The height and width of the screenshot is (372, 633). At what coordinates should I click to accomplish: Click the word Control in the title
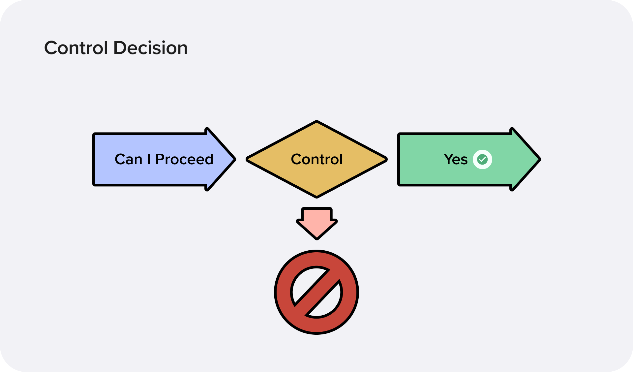(x=76, y=48)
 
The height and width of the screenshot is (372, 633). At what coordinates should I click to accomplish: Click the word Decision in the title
(x=150, y=48)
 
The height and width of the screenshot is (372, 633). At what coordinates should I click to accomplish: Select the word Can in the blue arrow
(x=128, y=159)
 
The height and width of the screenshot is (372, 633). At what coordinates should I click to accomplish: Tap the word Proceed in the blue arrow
(x=184, y=159)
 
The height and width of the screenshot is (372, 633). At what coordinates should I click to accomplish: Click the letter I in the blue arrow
(x=149, y=159)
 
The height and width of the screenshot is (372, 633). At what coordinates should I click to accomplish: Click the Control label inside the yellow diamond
(x=316, y=159)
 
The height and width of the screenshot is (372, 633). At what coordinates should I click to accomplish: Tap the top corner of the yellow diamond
(x=316, y=122)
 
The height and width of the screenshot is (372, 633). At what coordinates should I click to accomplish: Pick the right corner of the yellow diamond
(x=386, y=159)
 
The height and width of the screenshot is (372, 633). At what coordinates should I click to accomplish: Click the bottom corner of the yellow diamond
(x=316, y=197)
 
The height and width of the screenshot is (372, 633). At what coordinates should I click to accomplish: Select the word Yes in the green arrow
(x=456, y=159)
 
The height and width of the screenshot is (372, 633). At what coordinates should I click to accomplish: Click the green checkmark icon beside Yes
(x=482, y=160)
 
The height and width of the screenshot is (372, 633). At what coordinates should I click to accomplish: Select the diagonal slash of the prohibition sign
(x=316, y=292)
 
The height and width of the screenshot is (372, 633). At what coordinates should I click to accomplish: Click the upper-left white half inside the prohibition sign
(x=305, y=282)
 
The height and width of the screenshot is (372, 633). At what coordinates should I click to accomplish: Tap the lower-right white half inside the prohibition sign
(x=328, y=303)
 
